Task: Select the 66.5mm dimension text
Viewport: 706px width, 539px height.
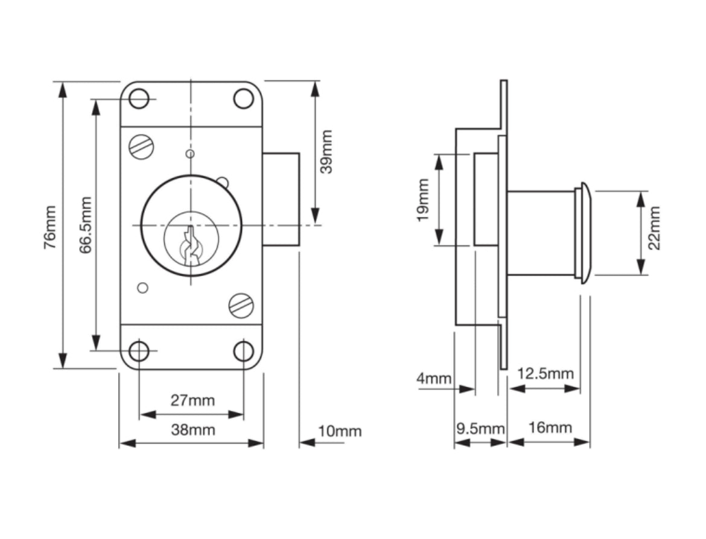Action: [86, 225]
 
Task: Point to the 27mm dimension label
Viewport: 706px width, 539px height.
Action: [192, 400]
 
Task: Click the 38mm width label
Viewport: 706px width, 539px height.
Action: [192, 430]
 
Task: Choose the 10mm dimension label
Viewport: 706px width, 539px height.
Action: [340, 431]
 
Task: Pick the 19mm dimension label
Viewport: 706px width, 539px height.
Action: [423, 200]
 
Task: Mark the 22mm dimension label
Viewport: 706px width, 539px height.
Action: [654, 227]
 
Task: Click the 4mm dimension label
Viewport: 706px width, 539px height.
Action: [433, 379]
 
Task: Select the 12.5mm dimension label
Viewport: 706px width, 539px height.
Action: [545, 373]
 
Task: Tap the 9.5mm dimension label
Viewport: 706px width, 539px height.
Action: [480, 428]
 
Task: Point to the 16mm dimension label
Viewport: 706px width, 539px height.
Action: [550, 428]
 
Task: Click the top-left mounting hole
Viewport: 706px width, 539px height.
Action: [139, 98]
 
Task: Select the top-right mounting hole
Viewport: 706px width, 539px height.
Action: [243, 98]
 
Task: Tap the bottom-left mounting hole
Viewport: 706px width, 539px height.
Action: [139, 350]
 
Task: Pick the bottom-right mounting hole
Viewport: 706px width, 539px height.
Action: [243, 350]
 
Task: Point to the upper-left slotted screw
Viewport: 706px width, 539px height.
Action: [142, 147]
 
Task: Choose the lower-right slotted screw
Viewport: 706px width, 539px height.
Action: [241, 305]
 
